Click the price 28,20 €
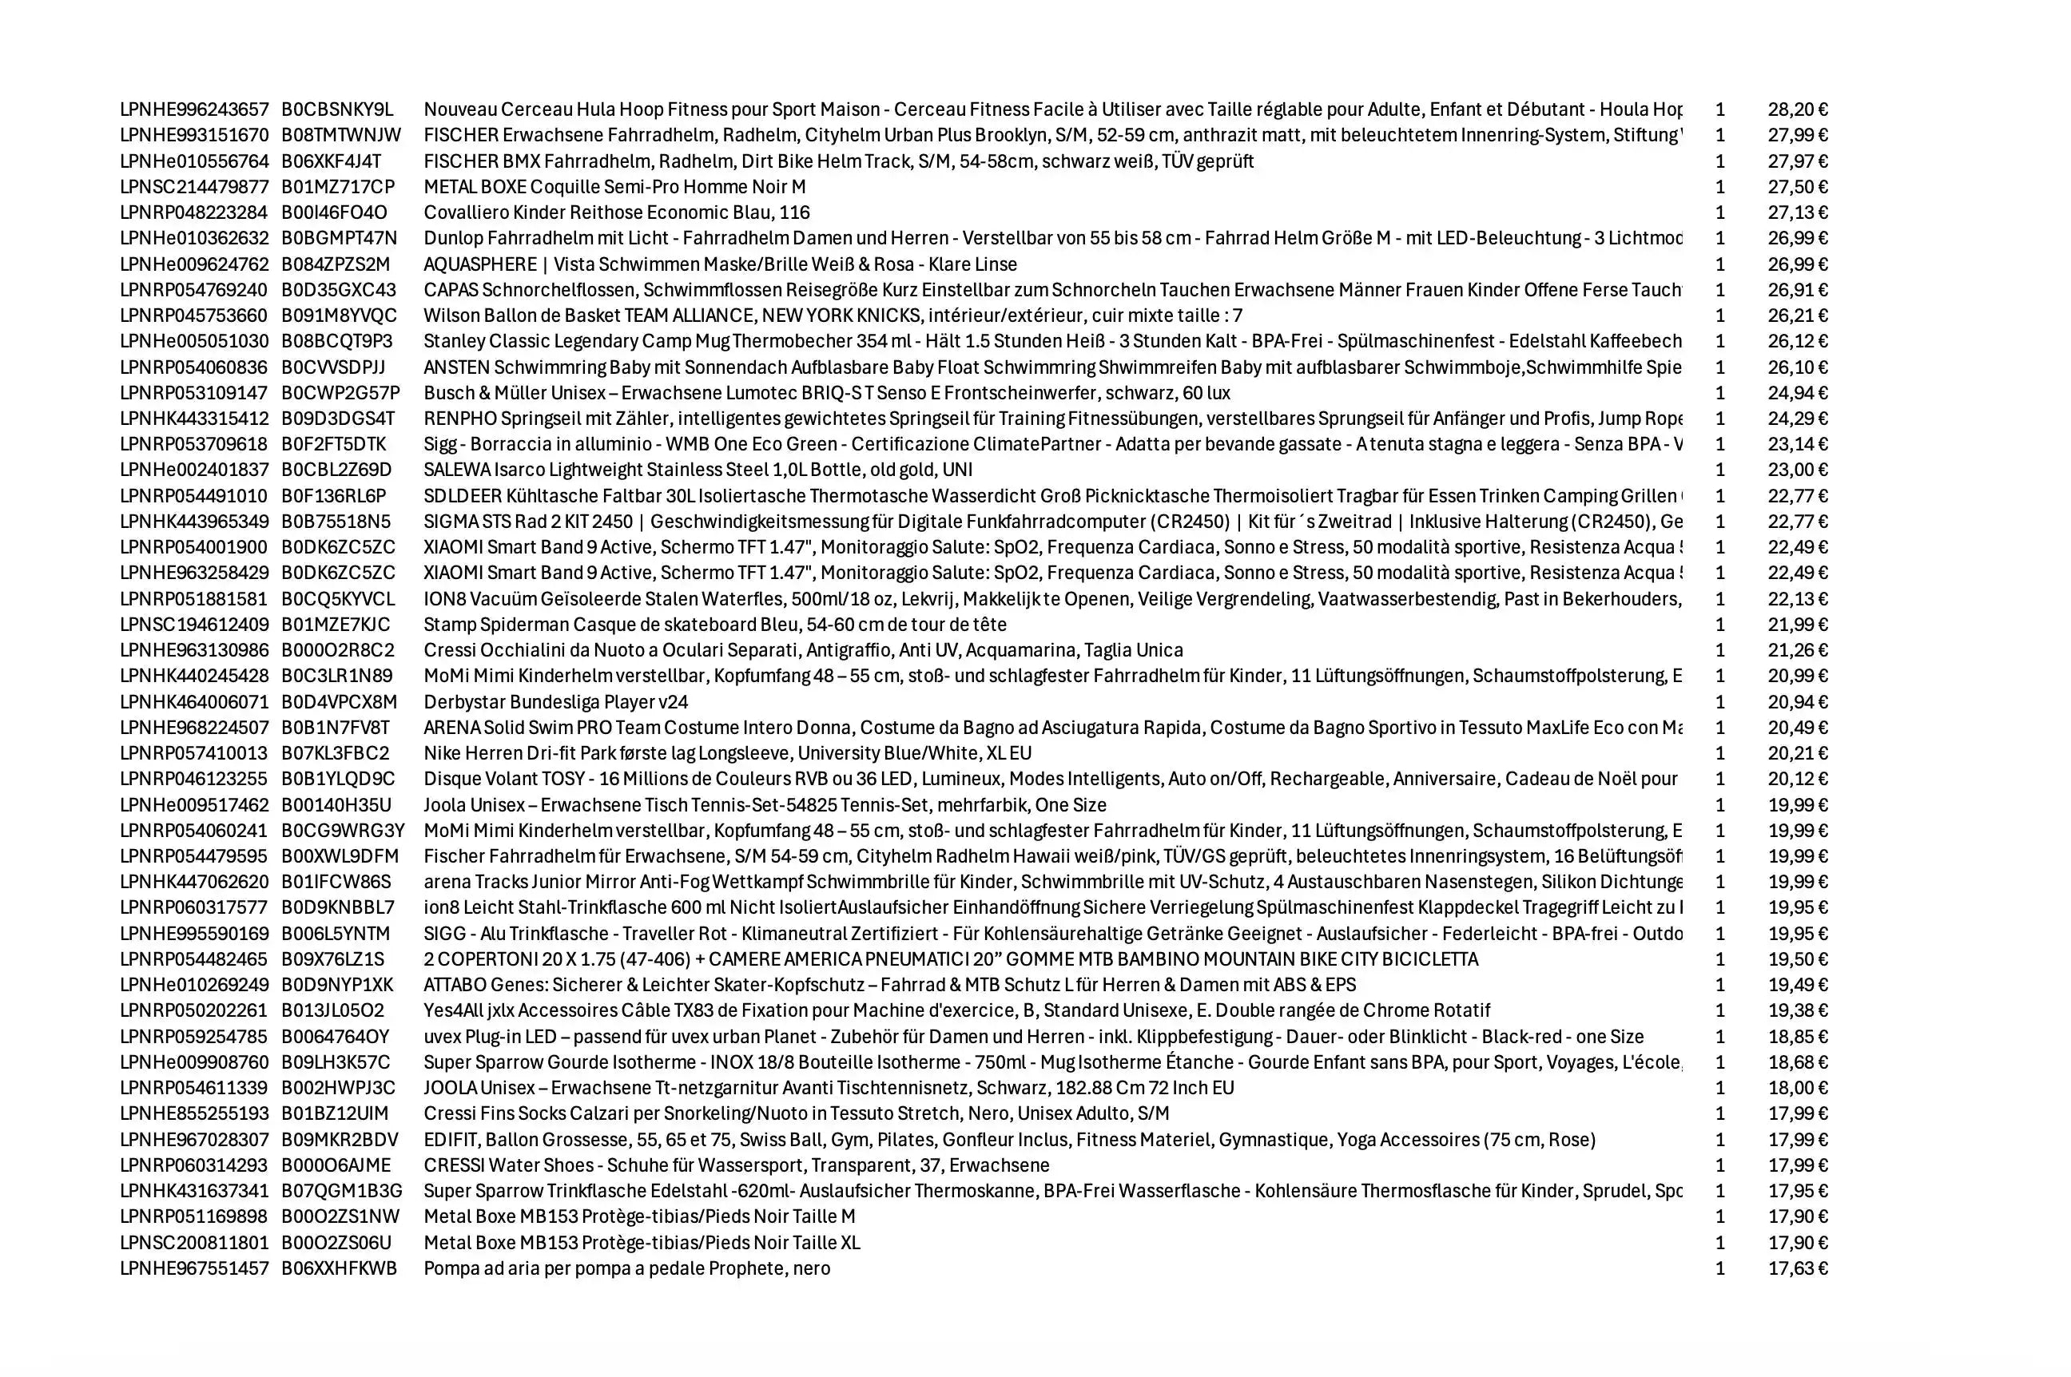pos(1797,109)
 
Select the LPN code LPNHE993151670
pos(194,135)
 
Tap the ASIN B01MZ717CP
pos(338,187)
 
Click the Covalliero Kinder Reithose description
pos(617,212)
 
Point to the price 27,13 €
pos(1797,212)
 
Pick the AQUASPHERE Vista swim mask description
pos(720,264)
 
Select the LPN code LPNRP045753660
pos(194,315)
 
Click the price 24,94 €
pos(1797,392)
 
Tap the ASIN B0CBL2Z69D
pos(336,470)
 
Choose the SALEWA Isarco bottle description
pos(698,470)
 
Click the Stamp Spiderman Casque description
pos(715,625)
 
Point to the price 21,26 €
pos(1797,650)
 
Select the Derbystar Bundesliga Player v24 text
pos(556,701)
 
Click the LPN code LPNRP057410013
pos(194,753)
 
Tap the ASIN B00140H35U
pos(336,805)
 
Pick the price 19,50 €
pos(1797,959)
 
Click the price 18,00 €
pos(1797,1088)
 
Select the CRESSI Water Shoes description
pos(736,1165)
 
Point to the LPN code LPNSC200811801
pos(194,1243)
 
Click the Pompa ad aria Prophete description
pos(626,1268)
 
